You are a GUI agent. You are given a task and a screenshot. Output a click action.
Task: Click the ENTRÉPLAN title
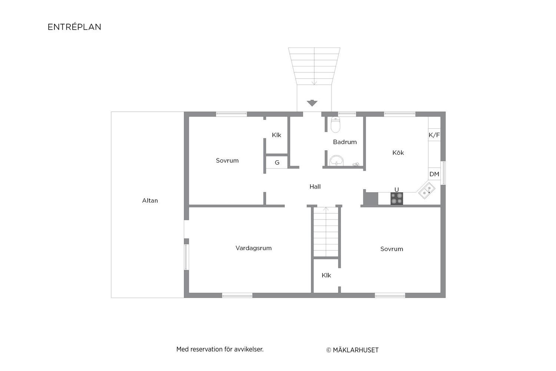[x=75, y=27]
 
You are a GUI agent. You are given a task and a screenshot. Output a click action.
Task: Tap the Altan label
[x=150, y=201]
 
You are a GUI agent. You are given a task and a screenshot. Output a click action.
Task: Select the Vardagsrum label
[x=254, y=248]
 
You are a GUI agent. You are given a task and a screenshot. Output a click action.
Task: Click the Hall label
[x=315, y=187]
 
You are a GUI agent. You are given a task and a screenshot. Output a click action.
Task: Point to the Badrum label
[x=345, y=142]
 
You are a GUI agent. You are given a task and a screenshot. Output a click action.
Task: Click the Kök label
[x=398, y=152]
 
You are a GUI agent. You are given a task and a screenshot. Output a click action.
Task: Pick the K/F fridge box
[x=434, y=135]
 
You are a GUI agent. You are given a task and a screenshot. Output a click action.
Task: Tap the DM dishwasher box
[x=434, y=174]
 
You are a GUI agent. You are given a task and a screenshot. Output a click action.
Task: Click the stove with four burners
[x=397, y=198]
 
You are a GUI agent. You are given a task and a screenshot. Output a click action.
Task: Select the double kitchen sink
[x=427, y=191]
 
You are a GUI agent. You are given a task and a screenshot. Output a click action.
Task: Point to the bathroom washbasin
[x=336, y=161]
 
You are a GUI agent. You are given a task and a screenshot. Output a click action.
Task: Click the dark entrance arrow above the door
[x=312, y=103]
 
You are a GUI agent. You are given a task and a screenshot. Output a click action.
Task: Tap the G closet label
[x=277, y=162]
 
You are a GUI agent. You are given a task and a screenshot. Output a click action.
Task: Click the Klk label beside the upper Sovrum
[x=277, y=135]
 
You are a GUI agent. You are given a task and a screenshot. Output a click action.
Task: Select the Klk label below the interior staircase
[x=327, y=275]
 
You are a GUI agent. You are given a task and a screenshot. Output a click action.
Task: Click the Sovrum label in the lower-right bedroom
[x=392, y=249]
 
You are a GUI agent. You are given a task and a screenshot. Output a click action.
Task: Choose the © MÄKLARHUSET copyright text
[x=353, y=350]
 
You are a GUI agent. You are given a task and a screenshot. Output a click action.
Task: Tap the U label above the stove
[x=397, y=190]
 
